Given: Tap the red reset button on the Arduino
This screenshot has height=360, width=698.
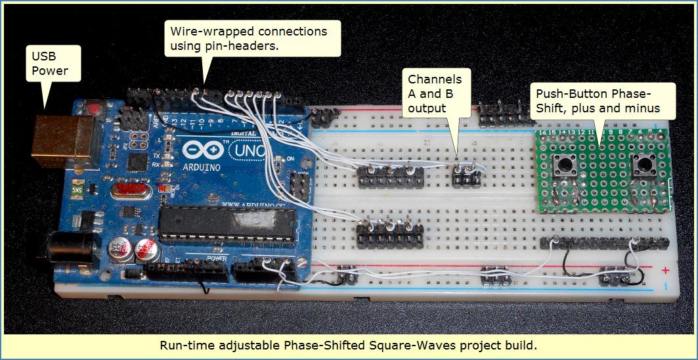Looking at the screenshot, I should [97, 107].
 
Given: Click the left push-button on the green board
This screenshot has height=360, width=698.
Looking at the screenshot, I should [563, 165].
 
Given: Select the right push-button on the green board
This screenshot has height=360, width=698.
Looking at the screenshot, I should [641, 165].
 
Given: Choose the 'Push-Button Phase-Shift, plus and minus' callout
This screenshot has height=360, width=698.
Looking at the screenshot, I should [598, 100].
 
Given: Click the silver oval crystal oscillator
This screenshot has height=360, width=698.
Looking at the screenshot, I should [129, 192].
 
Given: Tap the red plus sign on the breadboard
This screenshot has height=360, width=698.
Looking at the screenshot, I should [666, 270].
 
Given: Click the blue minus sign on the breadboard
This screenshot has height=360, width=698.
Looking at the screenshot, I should [666, 286].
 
